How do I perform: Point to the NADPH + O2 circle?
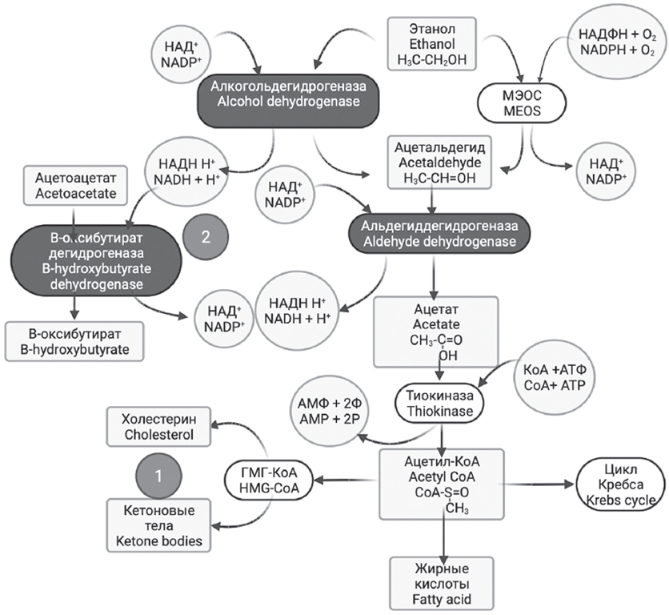click(615, 43)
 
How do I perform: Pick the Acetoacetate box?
click(71, 186)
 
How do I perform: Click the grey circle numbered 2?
click(206, 237)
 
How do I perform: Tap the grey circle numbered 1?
click(158, 476)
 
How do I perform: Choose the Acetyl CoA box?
click(443, 483)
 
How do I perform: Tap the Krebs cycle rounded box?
click(620, 484)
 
